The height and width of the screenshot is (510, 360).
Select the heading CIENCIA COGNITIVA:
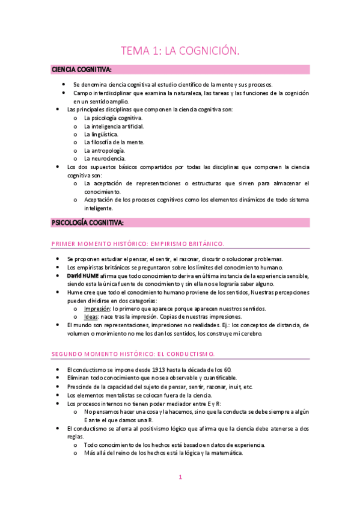(x=81, y=70)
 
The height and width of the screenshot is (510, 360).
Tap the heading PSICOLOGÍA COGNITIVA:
(x=88, y=223)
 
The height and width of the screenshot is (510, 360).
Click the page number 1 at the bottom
(x=180, y=477)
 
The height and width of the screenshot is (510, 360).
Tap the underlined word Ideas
(x=91, y=316)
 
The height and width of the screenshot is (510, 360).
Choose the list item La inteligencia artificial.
(x=114, y=126)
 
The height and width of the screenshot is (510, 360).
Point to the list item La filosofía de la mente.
(x=114, y=142)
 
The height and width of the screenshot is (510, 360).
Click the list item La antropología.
(x=105, y=150)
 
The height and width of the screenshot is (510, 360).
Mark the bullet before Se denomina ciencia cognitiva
(x=64, y=85)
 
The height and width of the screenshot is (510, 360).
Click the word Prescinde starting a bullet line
(x=80, y=386)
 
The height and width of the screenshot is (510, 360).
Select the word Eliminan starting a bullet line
(x=79, y=378)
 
